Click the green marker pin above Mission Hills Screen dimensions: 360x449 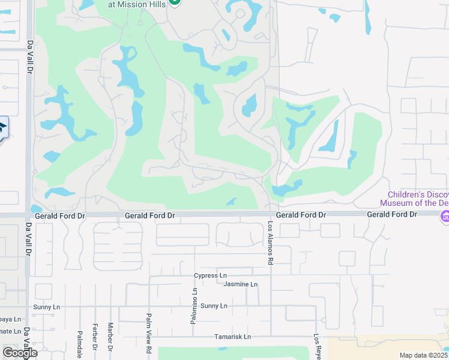175,1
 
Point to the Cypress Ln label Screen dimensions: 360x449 209,275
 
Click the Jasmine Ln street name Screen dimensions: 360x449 240,284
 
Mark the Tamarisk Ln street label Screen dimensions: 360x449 232,337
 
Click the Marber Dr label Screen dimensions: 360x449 110,337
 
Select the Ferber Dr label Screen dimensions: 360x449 95,337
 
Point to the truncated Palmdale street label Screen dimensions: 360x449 79,343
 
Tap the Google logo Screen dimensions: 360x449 19,353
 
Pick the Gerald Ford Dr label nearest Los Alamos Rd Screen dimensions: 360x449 301,215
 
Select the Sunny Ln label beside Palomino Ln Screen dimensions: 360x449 214,306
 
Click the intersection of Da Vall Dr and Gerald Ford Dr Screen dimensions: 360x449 28,215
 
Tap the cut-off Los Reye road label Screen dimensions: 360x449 316,347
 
